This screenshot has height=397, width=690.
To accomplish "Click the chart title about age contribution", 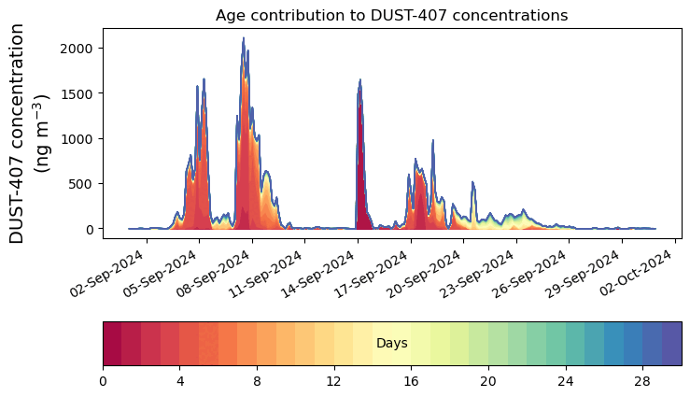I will point(391,15).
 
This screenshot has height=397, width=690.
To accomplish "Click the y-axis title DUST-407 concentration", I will point(30,134).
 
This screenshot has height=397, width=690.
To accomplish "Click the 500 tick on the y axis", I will point(86,184).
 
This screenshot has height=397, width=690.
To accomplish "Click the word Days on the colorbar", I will point(391,344).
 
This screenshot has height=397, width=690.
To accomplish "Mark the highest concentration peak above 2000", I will point(244,39).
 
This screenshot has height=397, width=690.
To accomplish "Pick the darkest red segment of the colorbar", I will point(112,344).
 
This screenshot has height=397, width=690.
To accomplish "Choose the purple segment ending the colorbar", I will point(671,344).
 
